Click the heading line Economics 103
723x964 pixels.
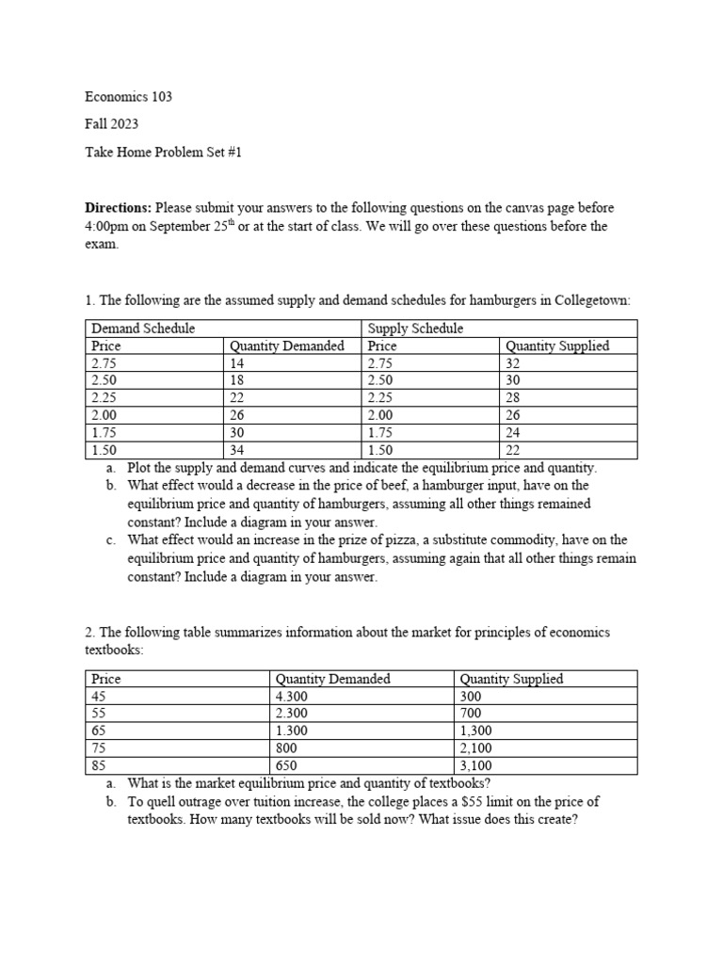[128, 97]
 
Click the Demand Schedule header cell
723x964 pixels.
[143, 329]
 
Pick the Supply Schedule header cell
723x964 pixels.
[415, 329]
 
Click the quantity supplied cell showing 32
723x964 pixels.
[514, 363]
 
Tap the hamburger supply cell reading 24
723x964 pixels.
[514, 432]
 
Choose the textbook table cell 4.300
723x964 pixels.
[291, 697]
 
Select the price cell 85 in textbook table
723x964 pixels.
[99, 765]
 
